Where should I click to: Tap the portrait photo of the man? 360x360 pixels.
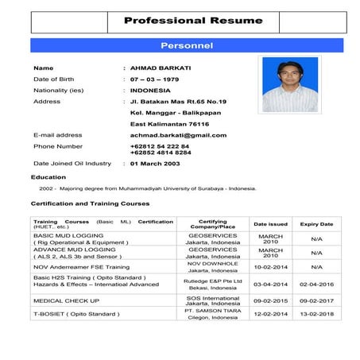point(290,85)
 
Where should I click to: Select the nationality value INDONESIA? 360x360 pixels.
point(150,91)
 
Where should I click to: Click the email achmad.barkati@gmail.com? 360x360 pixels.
point(172,135)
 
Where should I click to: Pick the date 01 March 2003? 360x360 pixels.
point(156,163)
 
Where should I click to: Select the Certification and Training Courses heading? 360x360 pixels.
point(90,203)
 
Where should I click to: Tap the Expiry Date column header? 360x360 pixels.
point(316,224)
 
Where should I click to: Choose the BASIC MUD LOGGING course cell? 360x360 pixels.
point(68,236)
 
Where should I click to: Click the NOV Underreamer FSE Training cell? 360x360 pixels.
point(80,267)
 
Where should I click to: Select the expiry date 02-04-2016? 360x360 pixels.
point(316,284)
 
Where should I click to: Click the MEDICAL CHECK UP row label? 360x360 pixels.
point(66,301)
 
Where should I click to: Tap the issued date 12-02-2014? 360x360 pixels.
point(270,314)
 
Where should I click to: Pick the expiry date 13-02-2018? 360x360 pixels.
point(316,314)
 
